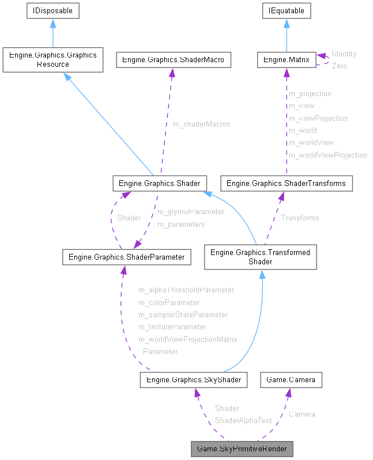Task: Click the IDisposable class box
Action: click(52, 10)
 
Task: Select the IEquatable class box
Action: click(287, 10)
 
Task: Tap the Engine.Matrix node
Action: click(287, 59)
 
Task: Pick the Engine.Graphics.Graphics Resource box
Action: click(52, 60)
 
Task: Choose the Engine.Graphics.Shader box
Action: click(159, 184)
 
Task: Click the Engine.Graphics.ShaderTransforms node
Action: click(287, 184)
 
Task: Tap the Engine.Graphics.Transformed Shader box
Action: click(260, 257)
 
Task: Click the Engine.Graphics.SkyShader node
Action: click(194, 379)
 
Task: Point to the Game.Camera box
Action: click(291, 379)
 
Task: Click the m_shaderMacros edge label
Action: click(201, 124)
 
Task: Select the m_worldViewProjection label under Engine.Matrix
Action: click(327, 155)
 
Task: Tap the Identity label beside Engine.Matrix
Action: click(344, 54)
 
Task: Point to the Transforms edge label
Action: click(300, 218)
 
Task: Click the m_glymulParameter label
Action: click(190, 212)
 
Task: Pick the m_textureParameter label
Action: click(172, 326)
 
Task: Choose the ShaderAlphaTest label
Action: click(243, 421)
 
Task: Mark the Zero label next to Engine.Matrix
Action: click(339, 66)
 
